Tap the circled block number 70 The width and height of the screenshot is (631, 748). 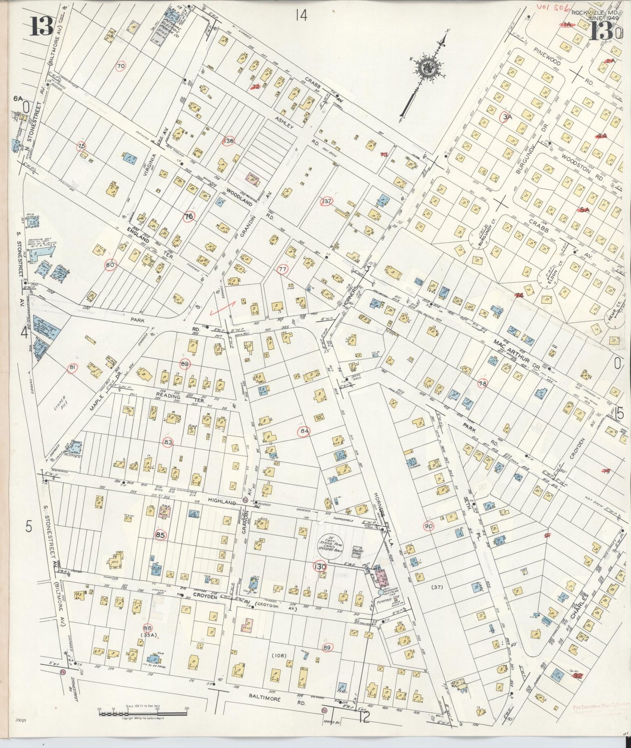121,66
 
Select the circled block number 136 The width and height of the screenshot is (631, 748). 228,141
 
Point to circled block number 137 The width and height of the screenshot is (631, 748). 327,201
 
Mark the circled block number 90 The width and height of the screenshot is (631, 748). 429,526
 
